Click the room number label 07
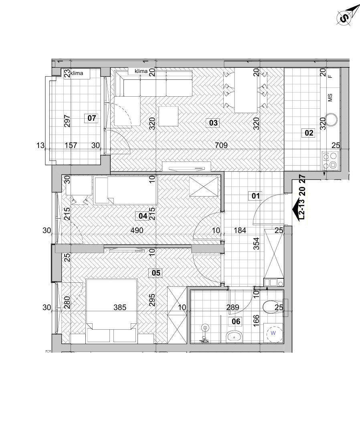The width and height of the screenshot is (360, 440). click(x=92, y=118)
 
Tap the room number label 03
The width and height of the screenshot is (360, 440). click(x=213, y=123)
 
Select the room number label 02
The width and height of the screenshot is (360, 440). click(x=309, y=133)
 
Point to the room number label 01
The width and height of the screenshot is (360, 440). click(x=255, y=196)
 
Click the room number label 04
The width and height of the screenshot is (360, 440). click(x=143, y=216)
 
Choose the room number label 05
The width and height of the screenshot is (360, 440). click(x=156, y=273)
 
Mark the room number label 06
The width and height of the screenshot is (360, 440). click(x=236, y=321)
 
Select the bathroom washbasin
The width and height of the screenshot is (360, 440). click(x=234, y=336)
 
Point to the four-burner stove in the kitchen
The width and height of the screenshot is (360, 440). click(x=330, y=160)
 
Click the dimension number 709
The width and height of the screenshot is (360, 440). click(x=221, y=145)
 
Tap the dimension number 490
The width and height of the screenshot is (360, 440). click(x=137, y=230)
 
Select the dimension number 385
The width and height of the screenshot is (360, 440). click(x=120, y=308)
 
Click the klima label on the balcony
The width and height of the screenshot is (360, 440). click(x=77, y=73)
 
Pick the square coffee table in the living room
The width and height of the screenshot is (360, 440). click(x=168, y=116)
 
